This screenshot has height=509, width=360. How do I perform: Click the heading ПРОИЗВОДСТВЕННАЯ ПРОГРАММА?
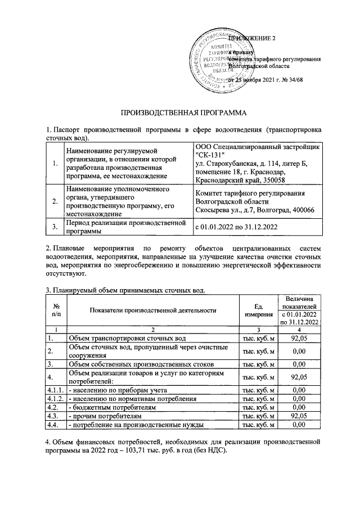click(179, 112)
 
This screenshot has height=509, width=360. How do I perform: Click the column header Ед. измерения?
click(259, 310)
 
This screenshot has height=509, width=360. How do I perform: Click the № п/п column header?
click(56, 310)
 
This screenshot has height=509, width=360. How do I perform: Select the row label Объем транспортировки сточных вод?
click(123, 338)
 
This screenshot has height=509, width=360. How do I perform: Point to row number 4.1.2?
click(56, 398)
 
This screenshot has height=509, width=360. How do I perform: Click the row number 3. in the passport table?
click(55, 227)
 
